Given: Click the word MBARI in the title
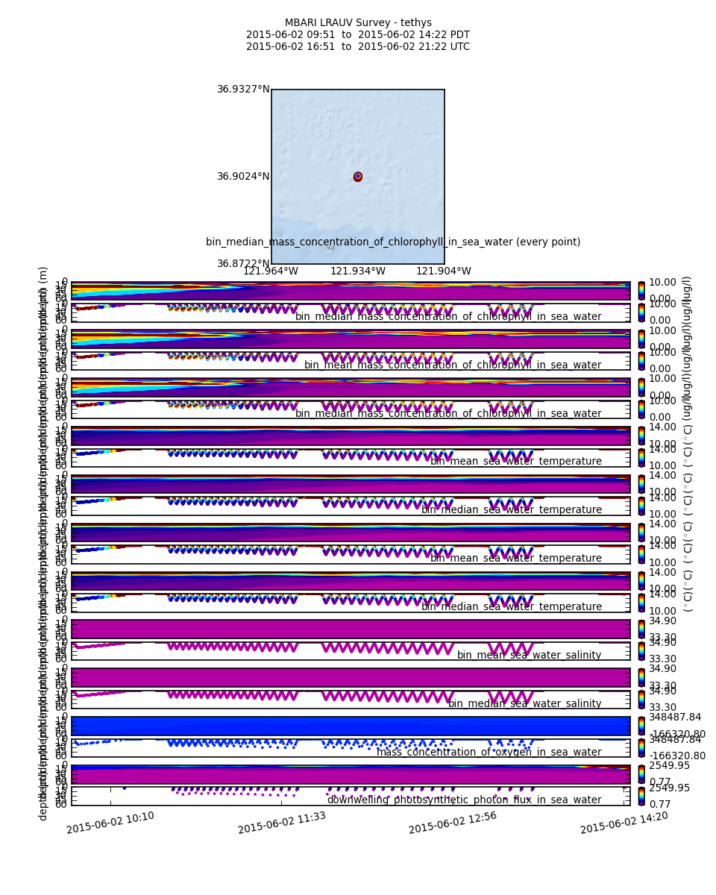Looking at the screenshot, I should [300, 23].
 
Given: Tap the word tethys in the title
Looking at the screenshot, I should [415, 23].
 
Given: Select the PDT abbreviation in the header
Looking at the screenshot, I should [458, 35].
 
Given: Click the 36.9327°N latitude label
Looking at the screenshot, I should [243, 89].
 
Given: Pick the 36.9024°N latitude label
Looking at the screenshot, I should [243, 177].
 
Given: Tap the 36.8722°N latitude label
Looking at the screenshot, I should [243, 264].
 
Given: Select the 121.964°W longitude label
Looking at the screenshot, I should [271, 271].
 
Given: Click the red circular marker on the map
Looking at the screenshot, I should [358, 177].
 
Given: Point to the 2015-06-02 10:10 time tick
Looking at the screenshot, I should [110, 823].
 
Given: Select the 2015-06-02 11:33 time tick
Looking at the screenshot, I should [281, 823].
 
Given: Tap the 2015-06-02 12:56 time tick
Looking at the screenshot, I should [453, 823].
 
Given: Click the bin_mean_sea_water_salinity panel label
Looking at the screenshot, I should [529, 656].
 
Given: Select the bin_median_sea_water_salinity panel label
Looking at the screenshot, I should [524, 704].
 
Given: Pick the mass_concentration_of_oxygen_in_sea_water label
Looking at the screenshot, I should [489, 753].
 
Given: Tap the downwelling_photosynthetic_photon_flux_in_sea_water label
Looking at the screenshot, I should [464, 800].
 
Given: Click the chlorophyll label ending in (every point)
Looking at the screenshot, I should [393, 242].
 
